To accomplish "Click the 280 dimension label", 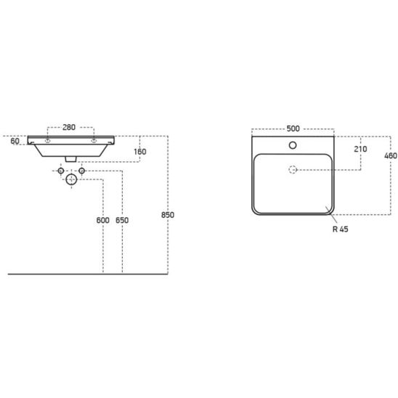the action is point(69,127).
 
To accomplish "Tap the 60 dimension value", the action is point(15,141).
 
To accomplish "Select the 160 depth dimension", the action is point(140,152).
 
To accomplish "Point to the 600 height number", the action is point(103,220).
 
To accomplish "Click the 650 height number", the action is point(122,220).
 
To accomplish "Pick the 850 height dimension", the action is point(168,215).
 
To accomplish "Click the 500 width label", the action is point(293,129).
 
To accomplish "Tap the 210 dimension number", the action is point(361,149).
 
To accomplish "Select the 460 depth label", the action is point(391,155).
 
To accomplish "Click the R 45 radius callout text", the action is point(341,230).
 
